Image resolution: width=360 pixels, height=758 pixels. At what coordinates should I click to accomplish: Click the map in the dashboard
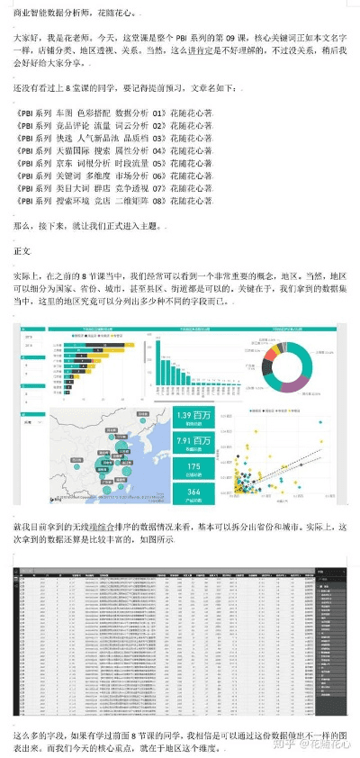point(108,455)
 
